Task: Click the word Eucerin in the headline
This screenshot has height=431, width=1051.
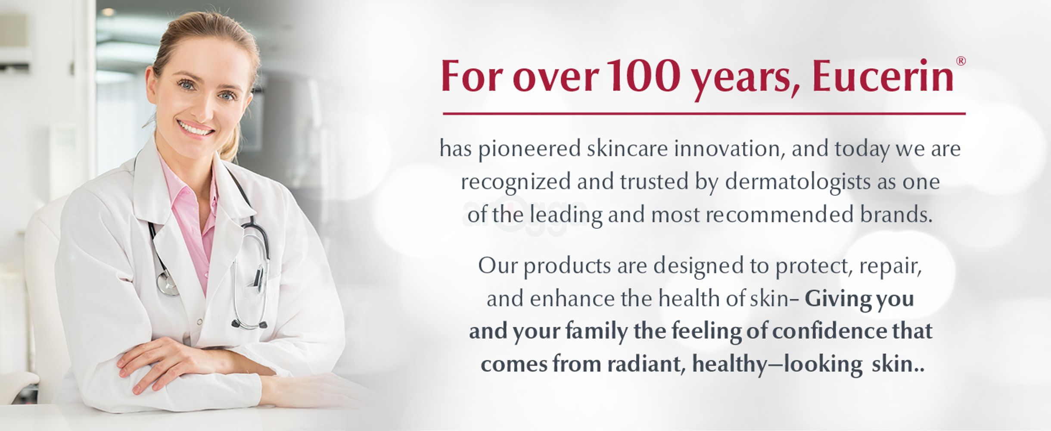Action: click(x=883, y=77)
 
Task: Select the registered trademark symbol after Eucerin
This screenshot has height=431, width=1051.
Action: click(x=960, y=61)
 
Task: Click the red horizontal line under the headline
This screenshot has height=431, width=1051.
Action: click(x=704, y=114)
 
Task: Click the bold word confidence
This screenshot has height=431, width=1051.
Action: click(x=829, y=331)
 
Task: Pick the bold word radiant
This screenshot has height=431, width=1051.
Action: click(x=646, y=364)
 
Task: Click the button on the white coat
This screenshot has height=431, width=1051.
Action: click(x=199, y=321)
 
